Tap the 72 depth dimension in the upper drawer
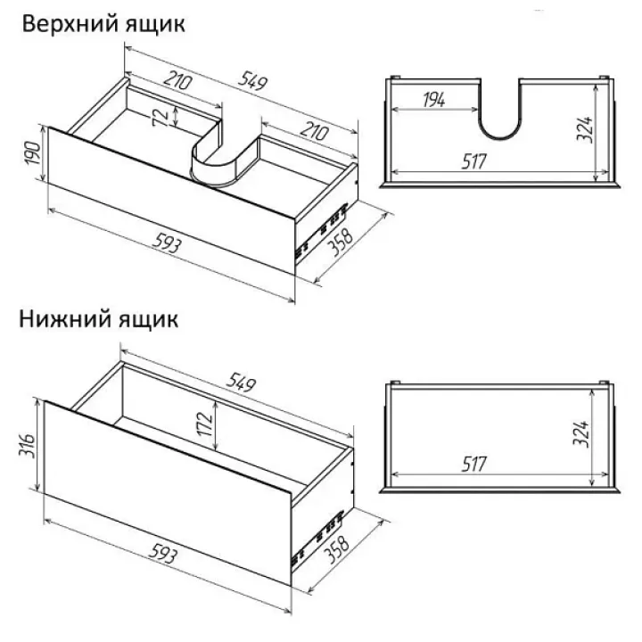[160, 116]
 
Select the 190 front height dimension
[32, 153]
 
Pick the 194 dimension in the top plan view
[434, 100]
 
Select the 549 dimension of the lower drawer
[241, 383]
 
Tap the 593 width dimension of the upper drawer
[166, 245]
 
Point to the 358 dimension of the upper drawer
[341, 242]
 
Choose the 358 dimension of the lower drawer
[336, 549]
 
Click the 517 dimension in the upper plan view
[474, 161]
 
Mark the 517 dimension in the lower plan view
[474, 464]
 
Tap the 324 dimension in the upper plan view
[585, 129]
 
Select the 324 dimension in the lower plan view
[581, 433]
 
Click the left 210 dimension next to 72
[177, 80]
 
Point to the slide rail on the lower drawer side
[317, 537]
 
